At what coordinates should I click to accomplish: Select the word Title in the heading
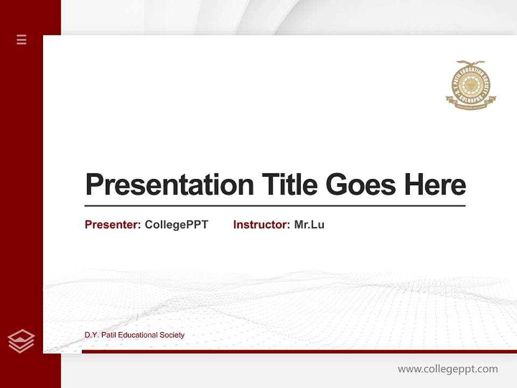point(289,185)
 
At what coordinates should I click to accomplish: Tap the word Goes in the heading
point(361,185)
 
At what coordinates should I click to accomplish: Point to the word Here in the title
point(435,185)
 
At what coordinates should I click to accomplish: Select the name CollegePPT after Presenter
point(176,225)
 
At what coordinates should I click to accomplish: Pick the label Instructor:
point(262,225)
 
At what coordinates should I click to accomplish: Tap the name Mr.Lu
point(309,225)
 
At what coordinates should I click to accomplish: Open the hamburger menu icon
point(22,39)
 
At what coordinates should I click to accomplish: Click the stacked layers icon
point(21,341)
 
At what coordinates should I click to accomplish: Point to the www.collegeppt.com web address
point(448,369)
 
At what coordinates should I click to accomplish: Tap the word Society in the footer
point(173,335)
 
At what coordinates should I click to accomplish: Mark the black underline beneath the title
point(275,206)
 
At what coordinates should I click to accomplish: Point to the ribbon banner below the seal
point(471,106)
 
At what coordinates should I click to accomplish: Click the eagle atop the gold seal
point(471,64)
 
